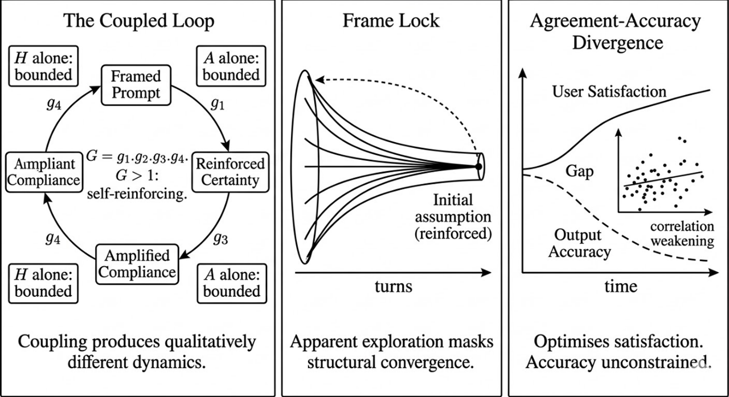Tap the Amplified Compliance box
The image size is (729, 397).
tap(136, 263)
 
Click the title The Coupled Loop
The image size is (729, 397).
tap(139, 21)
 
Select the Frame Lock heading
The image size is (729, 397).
tap(391, 21)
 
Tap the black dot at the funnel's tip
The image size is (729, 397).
tap(479, 166)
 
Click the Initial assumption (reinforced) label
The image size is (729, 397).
tap(453, 217)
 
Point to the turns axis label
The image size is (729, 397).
tap(393, 286)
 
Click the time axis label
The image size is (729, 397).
tap(621, 286)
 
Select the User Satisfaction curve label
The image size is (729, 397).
tap(609, 91)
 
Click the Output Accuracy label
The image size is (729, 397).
tap(580, 243)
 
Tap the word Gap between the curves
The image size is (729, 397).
tap(579, 171)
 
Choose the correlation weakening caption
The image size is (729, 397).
tap(682, 234)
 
